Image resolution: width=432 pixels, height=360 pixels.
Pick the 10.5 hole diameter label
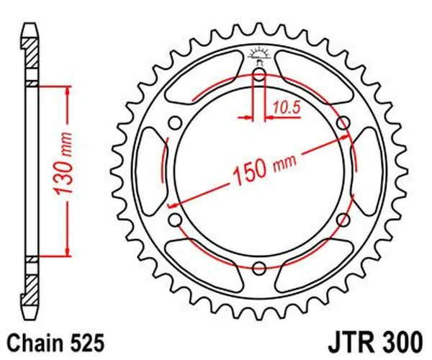[286, 107]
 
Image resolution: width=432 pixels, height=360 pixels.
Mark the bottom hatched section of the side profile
[30, 288]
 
